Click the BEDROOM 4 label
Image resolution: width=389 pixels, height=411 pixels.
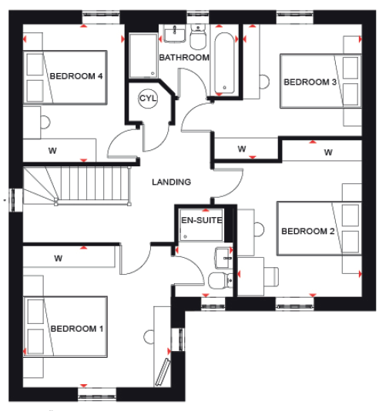pos(76,76)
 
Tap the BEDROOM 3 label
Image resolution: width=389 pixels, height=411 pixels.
pos(310,82)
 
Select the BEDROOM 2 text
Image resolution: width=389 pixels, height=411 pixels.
pos(308,231)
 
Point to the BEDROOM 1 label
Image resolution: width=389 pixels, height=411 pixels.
pos(77,329)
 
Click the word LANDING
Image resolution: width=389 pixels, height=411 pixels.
pos(172,182)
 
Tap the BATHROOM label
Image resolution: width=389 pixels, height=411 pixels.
pos(184,58)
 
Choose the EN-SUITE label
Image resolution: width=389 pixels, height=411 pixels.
pos(202,220)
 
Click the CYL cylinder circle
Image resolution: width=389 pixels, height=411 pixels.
pos(148,99)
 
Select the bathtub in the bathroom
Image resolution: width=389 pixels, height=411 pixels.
pos(224,63)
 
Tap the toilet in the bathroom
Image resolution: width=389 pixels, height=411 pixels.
pos(198,37)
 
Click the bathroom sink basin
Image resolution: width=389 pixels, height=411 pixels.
pos(175,34)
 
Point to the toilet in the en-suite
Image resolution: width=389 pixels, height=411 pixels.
pos(220,280)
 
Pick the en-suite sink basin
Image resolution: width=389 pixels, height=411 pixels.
pos(223,259)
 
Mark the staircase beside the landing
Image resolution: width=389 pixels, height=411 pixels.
pos(77,186)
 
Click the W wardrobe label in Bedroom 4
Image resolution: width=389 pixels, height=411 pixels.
pos(52,151)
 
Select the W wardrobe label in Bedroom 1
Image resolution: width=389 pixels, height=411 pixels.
pos(59,259)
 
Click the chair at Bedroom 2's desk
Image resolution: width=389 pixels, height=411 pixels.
pos(271,276)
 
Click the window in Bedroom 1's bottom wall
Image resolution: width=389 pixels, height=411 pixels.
pos(97,395)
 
